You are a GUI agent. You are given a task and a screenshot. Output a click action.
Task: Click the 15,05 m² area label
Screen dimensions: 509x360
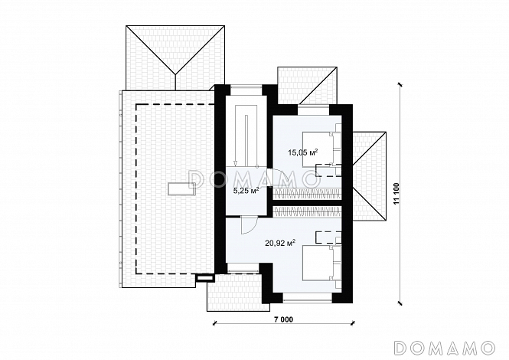tap(303, 152)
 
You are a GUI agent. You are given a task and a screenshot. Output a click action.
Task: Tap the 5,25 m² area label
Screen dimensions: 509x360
tap(246, 190)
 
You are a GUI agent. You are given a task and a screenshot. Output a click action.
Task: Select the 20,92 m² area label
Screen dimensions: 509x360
tap(280, 242)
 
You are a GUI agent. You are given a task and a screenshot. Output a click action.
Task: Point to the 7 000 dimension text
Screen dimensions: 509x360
tap(283, 319)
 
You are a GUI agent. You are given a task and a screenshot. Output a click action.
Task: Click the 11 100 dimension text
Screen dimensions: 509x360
tap(396, 194)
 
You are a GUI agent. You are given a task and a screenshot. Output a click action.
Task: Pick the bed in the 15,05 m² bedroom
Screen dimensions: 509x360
tap(321, 149)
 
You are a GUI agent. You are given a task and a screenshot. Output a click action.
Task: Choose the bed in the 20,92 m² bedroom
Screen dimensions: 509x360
tap(321, 263)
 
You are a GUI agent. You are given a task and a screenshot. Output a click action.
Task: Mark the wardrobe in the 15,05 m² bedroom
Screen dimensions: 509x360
tap(308, 194)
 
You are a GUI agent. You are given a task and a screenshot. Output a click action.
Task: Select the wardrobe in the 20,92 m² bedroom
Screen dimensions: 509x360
tap(308, 211)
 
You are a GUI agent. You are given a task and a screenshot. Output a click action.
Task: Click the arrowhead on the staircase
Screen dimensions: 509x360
tap(236, 164)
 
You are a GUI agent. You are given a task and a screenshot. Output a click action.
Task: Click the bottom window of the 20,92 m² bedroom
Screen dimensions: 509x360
tap(307, 297)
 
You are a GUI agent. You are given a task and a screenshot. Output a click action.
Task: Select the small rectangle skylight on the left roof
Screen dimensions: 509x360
tap(181, 188)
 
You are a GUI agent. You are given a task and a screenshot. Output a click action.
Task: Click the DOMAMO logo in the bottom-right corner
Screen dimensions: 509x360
tap(445, 348)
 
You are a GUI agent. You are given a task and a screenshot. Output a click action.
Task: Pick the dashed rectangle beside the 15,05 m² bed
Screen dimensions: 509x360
tap(328, 170)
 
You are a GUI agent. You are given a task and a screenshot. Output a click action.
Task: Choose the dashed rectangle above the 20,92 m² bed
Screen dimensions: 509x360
tap(328, 237)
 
